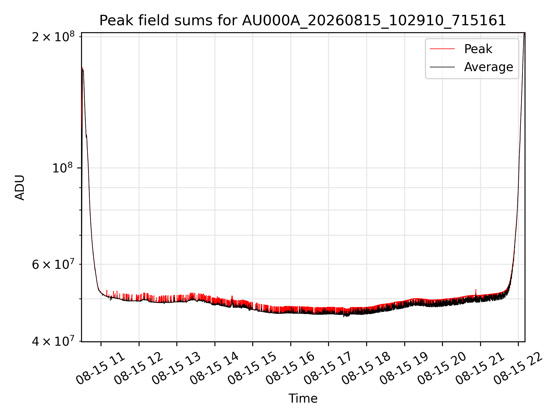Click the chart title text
[x=303, y=21]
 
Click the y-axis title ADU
[x=20, y=188]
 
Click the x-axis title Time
[x=303, y=398]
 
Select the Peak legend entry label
[x=478, y=49]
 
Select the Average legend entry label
[x=489, y=67]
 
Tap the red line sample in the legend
[x=442, y=49]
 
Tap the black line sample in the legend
[x=442, y=67]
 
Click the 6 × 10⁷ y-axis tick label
[x=53, y=264]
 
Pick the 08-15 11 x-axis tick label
[x=100, y=368]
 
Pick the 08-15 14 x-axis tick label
[x=214, y=368]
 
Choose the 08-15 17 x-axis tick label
[x=328, y=368]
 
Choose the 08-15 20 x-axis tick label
[x=442, y=368]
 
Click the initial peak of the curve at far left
[x=83, y=68]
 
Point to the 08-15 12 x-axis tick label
[x=138, y=368]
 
